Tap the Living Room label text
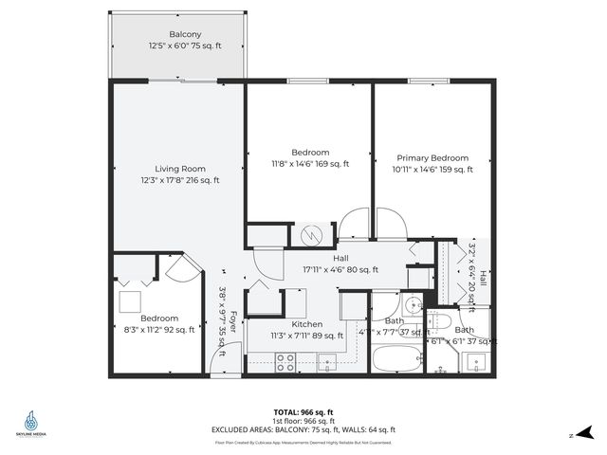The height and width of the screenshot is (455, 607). point(180,169)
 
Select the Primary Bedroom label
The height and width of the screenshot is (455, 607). point(432,158)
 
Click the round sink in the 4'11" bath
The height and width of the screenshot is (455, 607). point(411,304)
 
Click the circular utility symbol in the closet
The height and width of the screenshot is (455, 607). point(311,234)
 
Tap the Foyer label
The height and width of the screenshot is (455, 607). point(230,332)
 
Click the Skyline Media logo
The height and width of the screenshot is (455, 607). point(32,422)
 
